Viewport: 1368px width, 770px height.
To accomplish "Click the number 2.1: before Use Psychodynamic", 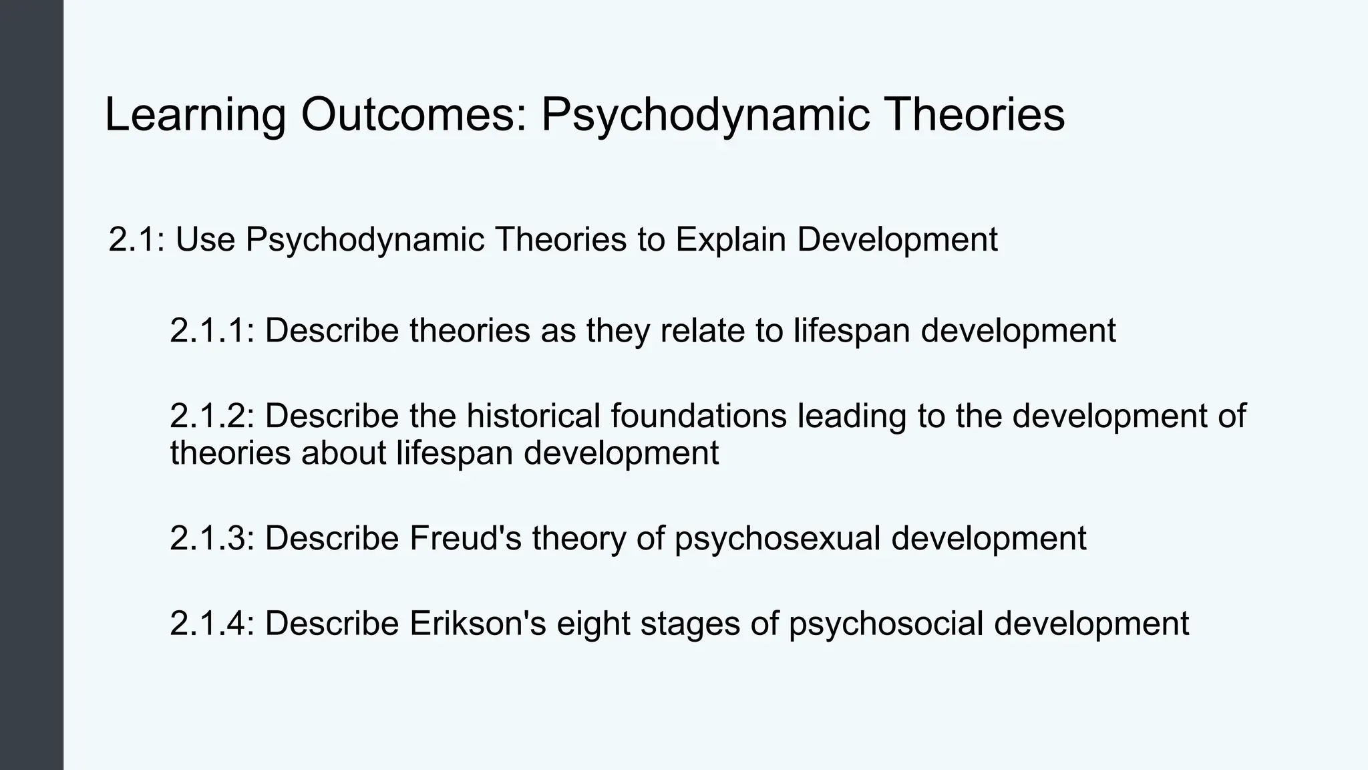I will pos(136,239).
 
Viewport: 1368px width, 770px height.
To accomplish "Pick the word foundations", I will pos(699,416).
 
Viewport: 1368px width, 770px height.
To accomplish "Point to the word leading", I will pos(852,416).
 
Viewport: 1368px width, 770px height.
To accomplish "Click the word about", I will pos(343,453).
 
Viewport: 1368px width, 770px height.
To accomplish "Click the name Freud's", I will pos(465,538).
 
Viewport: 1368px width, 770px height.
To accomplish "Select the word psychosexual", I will pos(778,538).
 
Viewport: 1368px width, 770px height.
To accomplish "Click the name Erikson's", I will pos(478,623).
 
